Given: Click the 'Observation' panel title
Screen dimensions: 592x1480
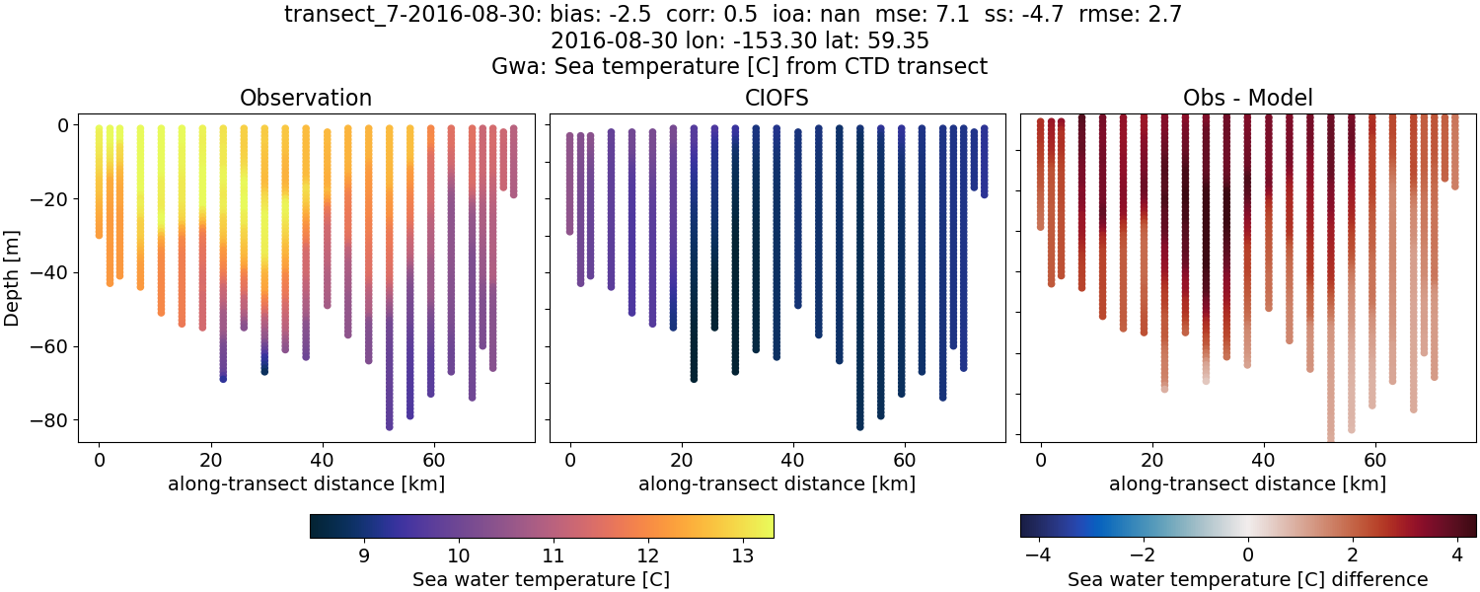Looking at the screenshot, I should pyautogui.click(x=306, y=98).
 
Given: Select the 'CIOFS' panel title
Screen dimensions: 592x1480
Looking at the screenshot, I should pyautogui.click(x=777, y=98).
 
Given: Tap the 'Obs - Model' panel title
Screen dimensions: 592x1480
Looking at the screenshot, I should pyautogui.click(x=1247, y=98).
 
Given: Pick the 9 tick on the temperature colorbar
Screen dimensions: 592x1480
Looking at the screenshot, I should pyautogui.click(x=364, y=555).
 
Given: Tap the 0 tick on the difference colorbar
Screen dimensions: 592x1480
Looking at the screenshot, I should pyautogui.click(x=1248, y=555).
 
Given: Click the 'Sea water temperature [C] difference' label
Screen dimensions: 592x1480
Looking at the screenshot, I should pyautogui.click(x=1247, y=579).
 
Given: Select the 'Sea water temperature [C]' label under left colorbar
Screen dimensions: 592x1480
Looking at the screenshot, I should pyautogui.click(x=541, y=579).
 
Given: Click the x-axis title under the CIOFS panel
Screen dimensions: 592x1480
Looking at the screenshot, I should pyautogui.click(x=777, y=483).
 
